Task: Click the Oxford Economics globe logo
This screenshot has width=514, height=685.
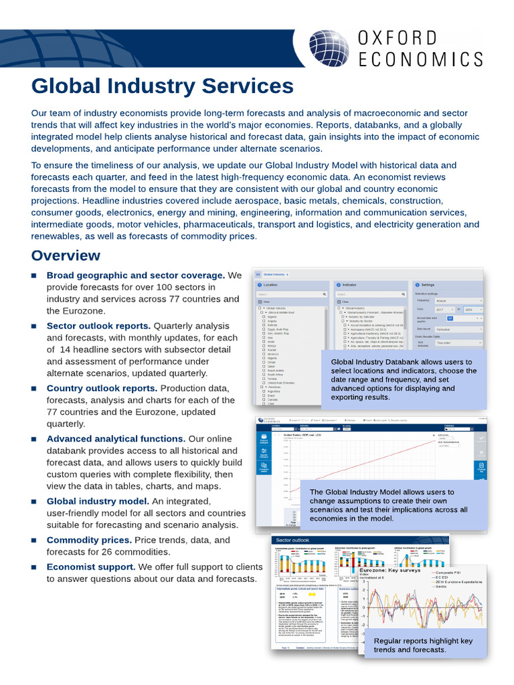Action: point(328,48)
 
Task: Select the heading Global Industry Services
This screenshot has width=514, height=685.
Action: point(163,86)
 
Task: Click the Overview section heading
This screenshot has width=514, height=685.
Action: point(66,256)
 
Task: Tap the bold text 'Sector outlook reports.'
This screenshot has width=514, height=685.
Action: point(98,326)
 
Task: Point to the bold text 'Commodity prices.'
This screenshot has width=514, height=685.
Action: point(89,540)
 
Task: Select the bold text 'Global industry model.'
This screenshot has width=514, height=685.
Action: point(98,501)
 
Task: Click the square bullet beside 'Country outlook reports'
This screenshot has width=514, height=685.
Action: point(35,389)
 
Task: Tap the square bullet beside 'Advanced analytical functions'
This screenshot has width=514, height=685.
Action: point(35,439)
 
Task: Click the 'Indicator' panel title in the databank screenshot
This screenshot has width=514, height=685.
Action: point(350,285)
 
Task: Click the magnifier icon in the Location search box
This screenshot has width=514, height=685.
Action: point(325,294)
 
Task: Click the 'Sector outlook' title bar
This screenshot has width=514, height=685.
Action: point(293,540)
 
